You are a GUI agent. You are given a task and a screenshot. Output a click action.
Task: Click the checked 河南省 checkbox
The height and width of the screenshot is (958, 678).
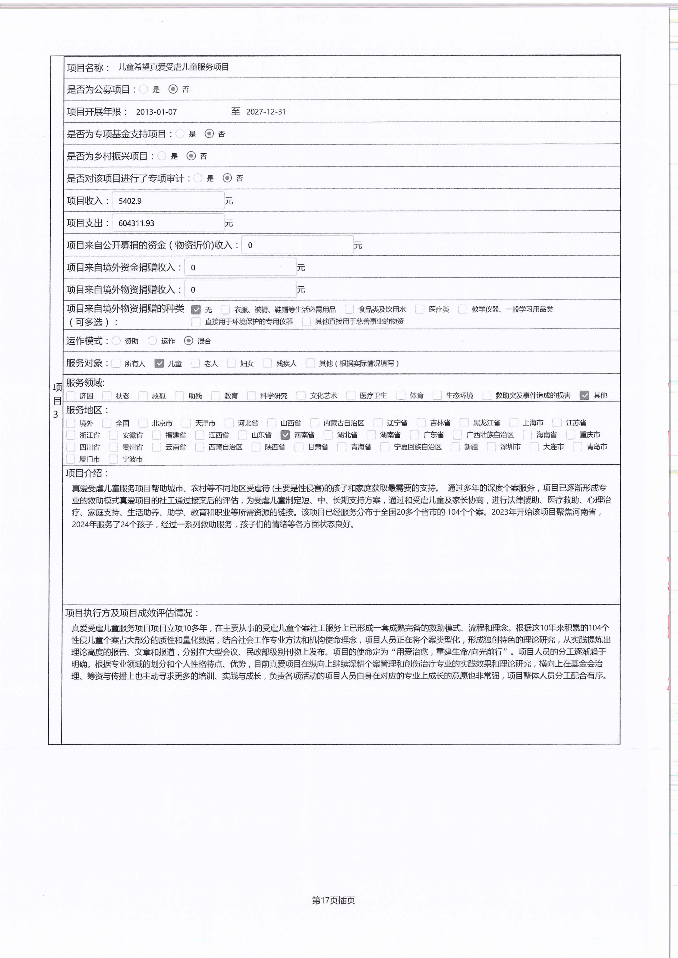coord(285,435)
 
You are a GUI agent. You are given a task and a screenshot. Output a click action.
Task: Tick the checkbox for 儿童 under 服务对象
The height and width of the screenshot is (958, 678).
coord(159,363)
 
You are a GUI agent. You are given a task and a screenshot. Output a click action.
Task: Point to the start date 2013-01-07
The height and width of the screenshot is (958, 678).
coord(156,112)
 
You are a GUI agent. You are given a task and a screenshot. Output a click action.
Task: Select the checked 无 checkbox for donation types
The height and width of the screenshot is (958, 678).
coord(196,310)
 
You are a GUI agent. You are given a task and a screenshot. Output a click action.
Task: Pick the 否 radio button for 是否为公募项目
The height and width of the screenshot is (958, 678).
coord(173,89)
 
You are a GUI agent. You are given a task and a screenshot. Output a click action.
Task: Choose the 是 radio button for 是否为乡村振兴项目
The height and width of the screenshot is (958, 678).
coord(162,156)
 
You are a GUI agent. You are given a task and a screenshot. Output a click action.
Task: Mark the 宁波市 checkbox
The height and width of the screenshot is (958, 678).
coord(113,459)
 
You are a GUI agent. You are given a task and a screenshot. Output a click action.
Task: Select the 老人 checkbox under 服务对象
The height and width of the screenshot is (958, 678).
coord(195,363)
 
